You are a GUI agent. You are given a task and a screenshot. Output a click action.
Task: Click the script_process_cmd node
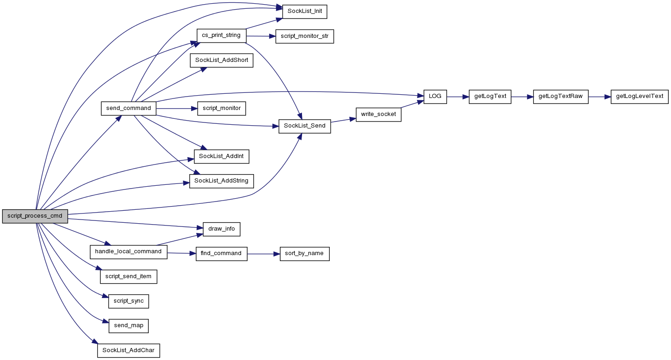pos(35,216)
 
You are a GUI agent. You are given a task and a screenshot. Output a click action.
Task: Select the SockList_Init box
pos(305,12)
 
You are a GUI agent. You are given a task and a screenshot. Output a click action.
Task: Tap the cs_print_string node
pos(221,36)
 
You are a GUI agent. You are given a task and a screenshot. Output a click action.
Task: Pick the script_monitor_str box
pos(305,36)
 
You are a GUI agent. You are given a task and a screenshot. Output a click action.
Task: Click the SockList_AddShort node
pos(222,61)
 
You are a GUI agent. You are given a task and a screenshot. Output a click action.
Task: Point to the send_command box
pos(128,109)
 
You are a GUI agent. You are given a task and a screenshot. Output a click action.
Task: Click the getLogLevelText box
pos(640,97)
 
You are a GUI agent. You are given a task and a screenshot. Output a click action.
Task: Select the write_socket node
pos(378,115)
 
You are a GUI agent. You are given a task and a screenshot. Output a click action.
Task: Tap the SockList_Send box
pos(305,126)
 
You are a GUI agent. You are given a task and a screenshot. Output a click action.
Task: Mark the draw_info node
pos(222,229)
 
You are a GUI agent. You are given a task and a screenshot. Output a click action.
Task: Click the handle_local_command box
pos(128,252)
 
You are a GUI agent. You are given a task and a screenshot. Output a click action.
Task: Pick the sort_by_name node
pos(305,254)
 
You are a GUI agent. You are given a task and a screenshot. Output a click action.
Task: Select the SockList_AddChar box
pos(128,351)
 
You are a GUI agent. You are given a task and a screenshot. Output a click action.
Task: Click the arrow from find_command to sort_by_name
pos(264,254)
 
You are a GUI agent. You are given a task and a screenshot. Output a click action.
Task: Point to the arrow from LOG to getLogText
pos(458,97)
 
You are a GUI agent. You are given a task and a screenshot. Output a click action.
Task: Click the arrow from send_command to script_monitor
pos(177,109)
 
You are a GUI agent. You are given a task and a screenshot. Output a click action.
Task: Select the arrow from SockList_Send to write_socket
pos(343,120)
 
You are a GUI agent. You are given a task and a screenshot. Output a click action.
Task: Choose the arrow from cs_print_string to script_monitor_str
pos(261,36)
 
